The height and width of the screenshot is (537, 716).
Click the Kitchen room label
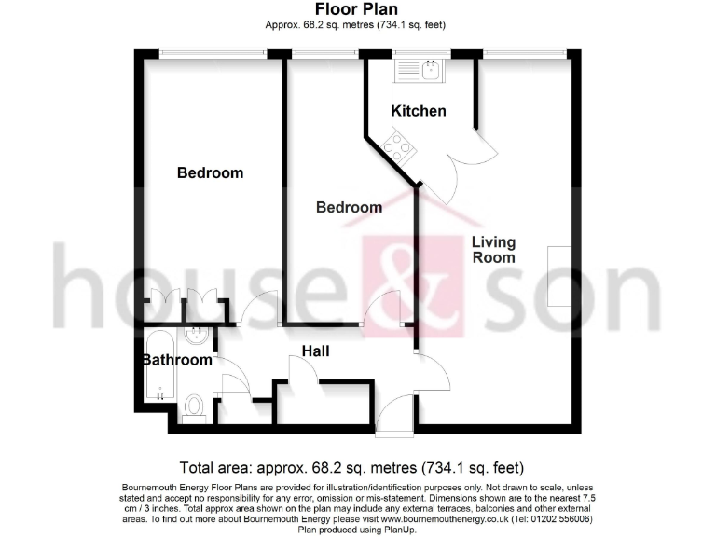(418, 111)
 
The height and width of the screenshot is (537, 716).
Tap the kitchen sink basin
(430, 69)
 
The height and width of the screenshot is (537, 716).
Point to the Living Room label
(493, 250)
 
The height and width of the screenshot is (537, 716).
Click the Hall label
(314, 351)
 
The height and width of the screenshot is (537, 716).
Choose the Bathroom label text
(177, 360)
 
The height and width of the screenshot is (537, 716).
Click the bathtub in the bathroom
(159, 365)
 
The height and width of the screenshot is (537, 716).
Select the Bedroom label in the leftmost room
(210, 172)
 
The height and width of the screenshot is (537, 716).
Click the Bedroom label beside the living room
(349, 207)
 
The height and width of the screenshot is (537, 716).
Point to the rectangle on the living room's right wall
(559, 275)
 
